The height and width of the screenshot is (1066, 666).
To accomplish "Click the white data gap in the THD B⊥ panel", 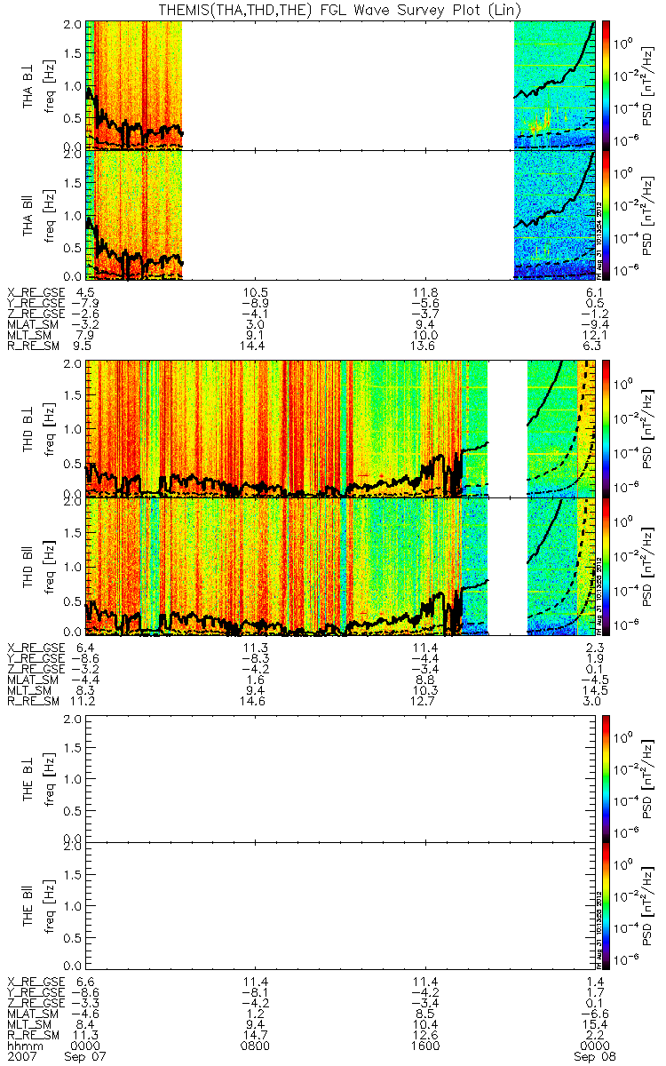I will [x=507, y=427].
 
